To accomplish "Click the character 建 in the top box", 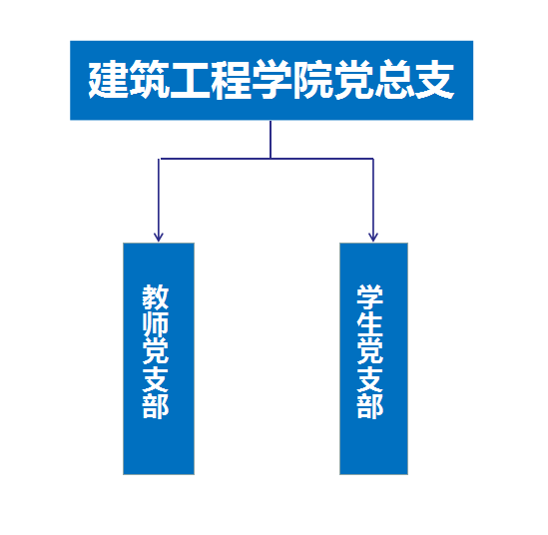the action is (109, 79).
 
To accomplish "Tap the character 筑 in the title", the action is (150, 79).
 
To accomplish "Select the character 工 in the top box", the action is (190, 79).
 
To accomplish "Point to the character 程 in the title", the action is (231, 79).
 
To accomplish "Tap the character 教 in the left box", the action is (156, 297).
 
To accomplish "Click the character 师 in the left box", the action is (156, 324).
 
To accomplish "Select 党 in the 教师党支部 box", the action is (156, 351).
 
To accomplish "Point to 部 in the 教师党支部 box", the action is (156, 405).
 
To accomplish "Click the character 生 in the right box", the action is (370, 324).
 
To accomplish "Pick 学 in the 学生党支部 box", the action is (370, 297).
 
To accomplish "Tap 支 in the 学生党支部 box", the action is (370, 378).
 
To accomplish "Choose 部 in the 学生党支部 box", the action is (370, 405).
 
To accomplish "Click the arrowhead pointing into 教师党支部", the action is (159, 237).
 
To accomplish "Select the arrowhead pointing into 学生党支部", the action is (373, 237).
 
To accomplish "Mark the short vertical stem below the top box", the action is (271, 140).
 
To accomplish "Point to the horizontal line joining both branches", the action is (266, 159).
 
